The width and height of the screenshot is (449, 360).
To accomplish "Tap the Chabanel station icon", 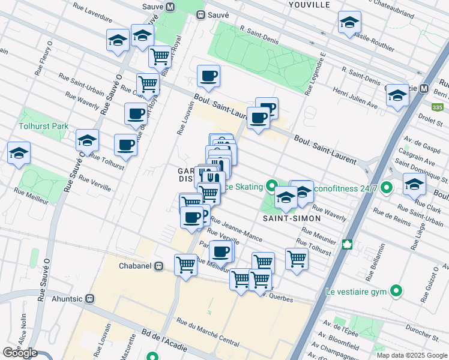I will coord(159,266).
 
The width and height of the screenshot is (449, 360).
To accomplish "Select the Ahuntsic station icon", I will coord(90,298).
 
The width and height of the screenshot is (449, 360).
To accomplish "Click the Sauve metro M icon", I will coord(170,7).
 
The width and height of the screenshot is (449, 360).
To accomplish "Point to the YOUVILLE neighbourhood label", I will coord(309,4).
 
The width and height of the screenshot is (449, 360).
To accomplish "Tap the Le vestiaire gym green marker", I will coord(396,292).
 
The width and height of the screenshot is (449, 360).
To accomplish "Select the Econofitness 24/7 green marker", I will coord(386,188).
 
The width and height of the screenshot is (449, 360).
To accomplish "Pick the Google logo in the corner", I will coord(20,353).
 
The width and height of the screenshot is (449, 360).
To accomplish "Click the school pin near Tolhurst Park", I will coord(87,142).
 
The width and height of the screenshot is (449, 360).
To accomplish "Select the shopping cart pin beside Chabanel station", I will coord(185,265).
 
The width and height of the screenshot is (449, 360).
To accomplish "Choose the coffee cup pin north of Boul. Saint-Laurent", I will coord(208,77).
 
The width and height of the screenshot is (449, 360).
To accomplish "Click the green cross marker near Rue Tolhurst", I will coord(346,244).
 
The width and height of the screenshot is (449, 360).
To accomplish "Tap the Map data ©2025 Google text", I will coord(412,355).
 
